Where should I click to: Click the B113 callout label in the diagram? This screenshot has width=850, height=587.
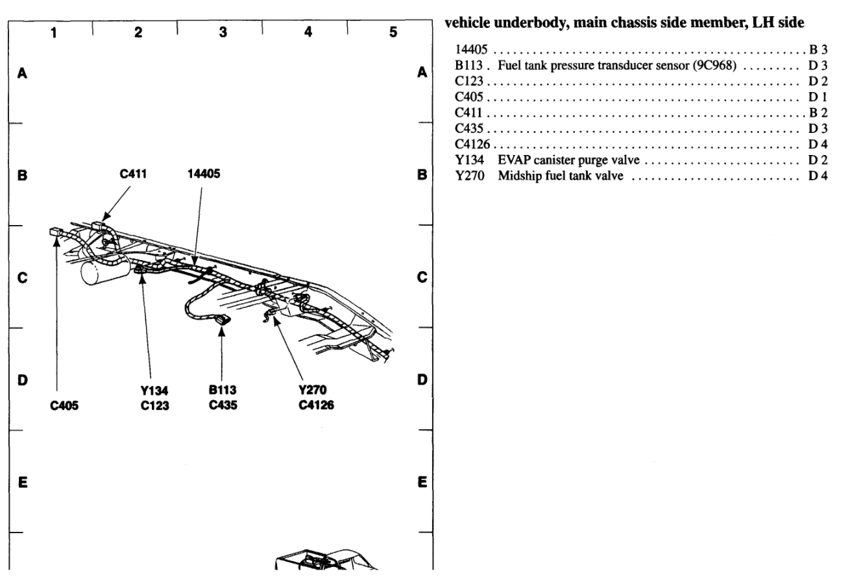click(x=222, y=390)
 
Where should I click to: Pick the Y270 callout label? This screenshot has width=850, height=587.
click(x=308, y=390)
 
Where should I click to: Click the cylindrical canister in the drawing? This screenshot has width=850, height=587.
click(x=103, y=272)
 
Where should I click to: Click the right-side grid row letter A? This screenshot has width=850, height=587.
click(x=422, y=73)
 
